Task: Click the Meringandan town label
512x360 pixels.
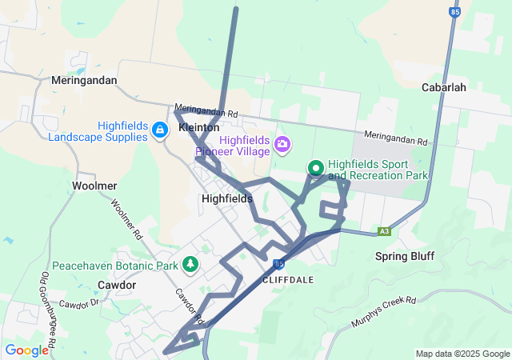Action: [83, 81]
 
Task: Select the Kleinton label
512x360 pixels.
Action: [199, 128]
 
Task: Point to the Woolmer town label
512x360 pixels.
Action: [94, 186]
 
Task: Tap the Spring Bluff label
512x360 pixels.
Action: [405, 257]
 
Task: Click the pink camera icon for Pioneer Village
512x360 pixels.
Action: [282, 145]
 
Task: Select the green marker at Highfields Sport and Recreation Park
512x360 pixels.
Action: [315, 168]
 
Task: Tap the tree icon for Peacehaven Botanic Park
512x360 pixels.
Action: [190, 262]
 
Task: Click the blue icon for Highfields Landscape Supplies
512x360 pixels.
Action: [160, 130]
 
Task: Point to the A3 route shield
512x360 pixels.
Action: [385, 231]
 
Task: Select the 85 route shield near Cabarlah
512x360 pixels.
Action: [455, 13]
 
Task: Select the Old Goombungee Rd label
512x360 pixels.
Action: [46, 308]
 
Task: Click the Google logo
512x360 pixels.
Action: [26, 350]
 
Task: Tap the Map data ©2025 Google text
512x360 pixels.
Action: [462, 354]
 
